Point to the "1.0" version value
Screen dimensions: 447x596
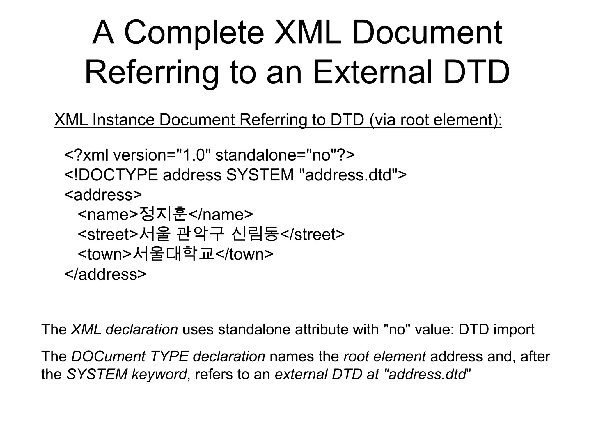pyautogui.click(x=194, y=155)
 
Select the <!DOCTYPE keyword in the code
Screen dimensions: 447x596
pyautogui.click(x=111, y=175)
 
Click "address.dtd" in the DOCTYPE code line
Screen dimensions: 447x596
pyautogui.click(x=348, y=175)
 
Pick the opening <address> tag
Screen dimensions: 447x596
pyautogui.click(x=103, y=195)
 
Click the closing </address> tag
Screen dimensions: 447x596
pyautogui.click(x=105, y=274)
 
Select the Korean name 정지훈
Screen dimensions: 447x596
pyautogui.click(x=163, y=214)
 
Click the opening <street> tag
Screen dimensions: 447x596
pyautogui.click(x=108, y=235)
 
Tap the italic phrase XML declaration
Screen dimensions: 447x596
pyautogui.click(x=124, y=329)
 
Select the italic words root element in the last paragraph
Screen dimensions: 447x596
pyautogui.click(x=385, y=356)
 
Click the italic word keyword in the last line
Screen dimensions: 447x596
pyautogui.click(x=159, y=374)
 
